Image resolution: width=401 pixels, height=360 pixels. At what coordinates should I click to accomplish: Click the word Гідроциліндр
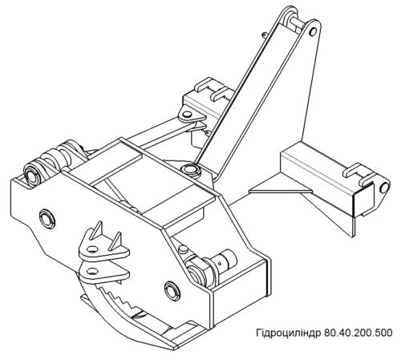(289, 333)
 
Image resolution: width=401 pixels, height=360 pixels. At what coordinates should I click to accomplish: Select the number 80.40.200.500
(358, 333)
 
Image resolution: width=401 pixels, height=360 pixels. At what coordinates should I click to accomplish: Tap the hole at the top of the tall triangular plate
(313, 32)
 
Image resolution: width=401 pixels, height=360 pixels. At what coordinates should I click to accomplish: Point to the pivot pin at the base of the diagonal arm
(189, 169)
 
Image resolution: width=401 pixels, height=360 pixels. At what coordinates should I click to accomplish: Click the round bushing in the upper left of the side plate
(47, 219)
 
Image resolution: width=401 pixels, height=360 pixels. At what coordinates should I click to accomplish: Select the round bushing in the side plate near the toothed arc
(172, 290)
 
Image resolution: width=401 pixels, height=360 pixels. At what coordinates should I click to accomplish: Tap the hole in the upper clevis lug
(92, 249)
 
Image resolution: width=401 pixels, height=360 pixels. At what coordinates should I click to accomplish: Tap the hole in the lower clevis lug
(92, 271)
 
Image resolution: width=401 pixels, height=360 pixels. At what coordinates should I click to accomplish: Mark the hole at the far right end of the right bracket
(384, 188)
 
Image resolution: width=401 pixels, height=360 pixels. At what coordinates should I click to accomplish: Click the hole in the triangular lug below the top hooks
(188, 115)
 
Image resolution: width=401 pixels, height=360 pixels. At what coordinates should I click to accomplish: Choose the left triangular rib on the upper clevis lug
(96, 232)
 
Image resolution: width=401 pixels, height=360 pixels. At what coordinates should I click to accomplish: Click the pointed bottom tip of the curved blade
(175, 349)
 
